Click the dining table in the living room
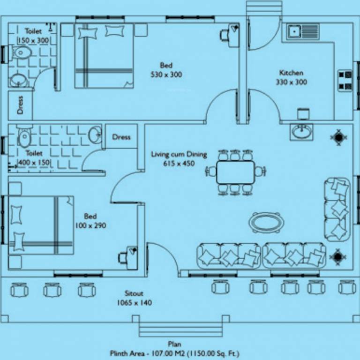(x=235, y=172)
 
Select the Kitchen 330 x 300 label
(x=291, y=77)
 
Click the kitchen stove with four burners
(x=345, y=80)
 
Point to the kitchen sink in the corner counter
(x=294, y=32)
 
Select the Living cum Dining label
(x=179, y=158)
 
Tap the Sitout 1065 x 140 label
(x=134, y=298)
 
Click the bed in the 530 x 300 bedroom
(x=104, y=55)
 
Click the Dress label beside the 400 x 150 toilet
(x=121, y=137)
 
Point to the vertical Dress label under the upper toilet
(x=20, y=105)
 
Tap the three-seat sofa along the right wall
(x=337, y=209)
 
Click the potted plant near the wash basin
(x=338, y=137)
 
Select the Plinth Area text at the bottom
(x=177, y=353)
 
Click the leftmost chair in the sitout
(x=19, y=290)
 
